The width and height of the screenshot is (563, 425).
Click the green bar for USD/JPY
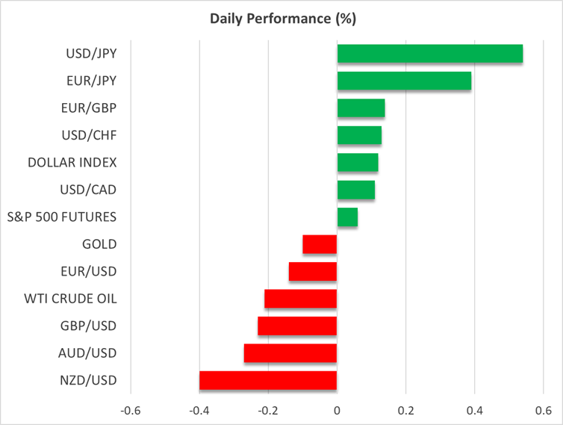429,54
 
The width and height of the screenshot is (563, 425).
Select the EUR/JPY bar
404,81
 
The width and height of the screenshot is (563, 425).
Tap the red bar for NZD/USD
268,380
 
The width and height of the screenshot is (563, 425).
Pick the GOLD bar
320,244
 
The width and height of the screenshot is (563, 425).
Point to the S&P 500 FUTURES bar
347,217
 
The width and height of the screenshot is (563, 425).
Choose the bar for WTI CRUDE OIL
300,299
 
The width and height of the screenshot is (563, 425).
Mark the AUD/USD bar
290,353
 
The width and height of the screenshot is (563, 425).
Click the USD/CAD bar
355,190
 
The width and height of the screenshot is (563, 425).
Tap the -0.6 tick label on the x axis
131,410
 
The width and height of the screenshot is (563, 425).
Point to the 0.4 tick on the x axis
474,410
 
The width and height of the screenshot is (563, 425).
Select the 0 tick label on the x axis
337,410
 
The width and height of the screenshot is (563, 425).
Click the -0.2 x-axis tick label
268,410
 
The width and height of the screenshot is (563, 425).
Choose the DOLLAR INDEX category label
72,162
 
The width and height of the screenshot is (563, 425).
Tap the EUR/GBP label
89,108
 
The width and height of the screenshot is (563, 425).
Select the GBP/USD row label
88,326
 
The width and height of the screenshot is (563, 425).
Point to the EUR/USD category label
89,271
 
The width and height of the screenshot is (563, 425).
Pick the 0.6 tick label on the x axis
543,410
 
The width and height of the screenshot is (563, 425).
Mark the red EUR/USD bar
312,271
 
